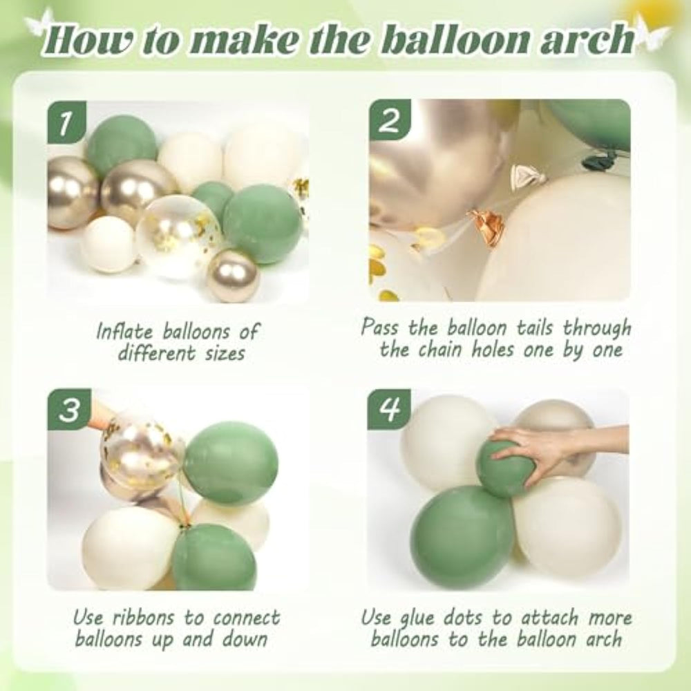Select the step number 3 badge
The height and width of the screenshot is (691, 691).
(69, 409)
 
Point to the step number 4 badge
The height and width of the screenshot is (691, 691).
(389, 408)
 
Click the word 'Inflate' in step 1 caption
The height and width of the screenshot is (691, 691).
(125, 332)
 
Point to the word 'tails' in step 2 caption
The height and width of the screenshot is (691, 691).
(533, 328)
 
